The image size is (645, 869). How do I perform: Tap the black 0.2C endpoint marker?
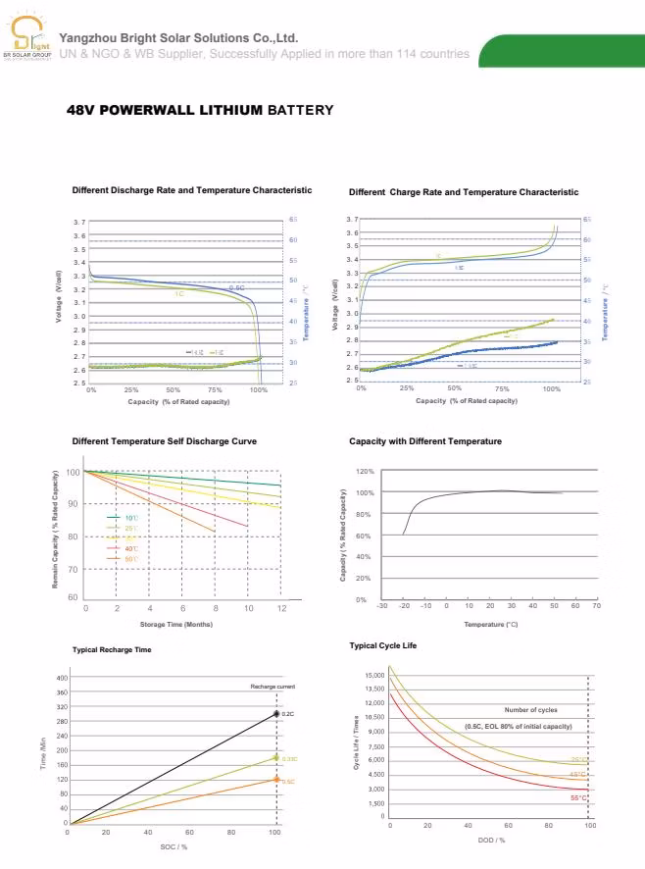pyautogui.click(x=276, y=714)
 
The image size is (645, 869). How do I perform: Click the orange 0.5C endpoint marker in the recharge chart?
pyautogui.click(x=276, y=780)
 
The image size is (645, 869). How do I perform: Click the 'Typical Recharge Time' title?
pyautogui.click(x=112, y=649)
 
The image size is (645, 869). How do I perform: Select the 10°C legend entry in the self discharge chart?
pyautogui.click(x=130, y=517)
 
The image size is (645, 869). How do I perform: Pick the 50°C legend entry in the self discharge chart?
pyautogui.click(x=130, y=558)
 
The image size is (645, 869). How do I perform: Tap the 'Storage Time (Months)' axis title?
pyautogui.click(x=175, y=624)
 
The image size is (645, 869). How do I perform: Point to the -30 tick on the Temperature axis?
pyautogui.click(x=381, y=606)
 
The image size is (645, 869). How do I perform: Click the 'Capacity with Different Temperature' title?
pyautogui.click(x=425, y=441)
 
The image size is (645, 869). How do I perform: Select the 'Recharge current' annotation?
pyautogui.click(x=272, y=687)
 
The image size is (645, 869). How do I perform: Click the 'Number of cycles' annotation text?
pyautogui.click(x=530, y=709)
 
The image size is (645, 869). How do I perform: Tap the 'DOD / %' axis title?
pyautogui.click(x=491, y=841)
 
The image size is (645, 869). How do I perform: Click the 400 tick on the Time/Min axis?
pyautogui.click(x=62, y=678)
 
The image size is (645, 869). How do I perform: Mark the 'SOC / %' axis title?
pyautogui.click(x=174, y=845)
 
